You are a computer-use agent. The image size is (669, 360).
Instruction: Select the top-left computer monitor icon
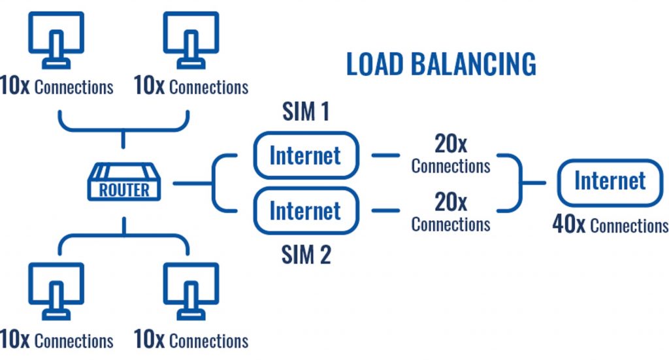56,39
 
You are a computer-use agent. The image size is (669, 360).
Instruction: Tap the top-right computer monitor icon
191,39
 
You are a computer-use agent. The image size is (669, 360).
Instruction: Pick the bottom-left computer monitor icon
56,291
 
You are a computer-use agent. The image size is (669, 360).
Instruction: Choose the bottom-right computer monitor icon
191,291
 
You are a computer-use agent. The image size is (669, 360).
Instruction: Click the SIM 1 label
306,112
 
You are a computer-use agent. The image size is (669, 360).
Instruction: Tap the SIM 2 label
306,255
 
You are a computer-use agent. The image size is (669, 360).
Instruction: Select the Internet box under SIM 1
306,155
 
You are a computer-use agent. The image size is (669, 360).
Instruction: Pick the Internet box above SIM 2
306,211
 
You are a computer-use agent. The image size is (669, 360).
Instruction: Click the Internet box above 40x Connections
610,182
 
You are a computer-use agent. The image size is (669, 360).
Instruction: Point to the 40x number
568,225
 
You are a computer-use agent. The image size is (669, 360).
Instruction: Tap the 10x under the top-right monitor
149,87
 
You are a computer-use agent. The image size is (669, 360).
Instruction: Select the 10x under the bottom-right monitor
149,340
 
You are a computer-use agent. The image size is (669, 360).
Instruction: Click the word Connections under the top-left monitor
74,88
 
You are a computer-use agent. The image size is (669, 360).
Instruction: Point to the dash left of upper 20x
385,155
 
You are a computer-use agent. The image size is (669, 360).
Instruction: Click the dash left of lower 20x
385,211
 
